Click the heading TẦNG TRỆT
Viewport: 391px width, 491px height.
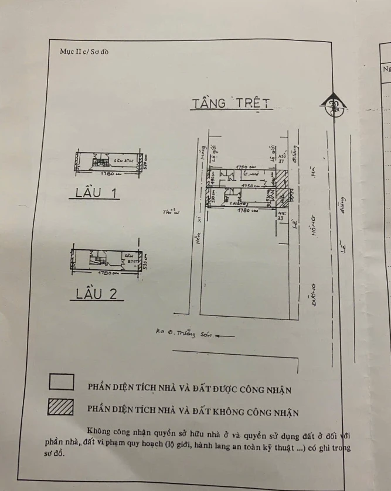[x=231, y=103]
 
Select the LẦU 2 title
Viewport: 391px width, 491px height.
[x=97, y=294]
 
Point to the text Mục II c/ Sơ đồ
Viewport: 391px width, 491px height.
[x=84, y=51]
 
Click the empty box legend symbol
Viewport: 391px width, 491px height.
[x=61, y=382]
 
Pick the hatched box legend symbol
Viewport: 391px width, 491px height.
[x=61, y=407]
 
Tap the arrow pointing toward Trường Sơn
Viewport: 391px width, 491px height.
[x=225, y=336]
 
